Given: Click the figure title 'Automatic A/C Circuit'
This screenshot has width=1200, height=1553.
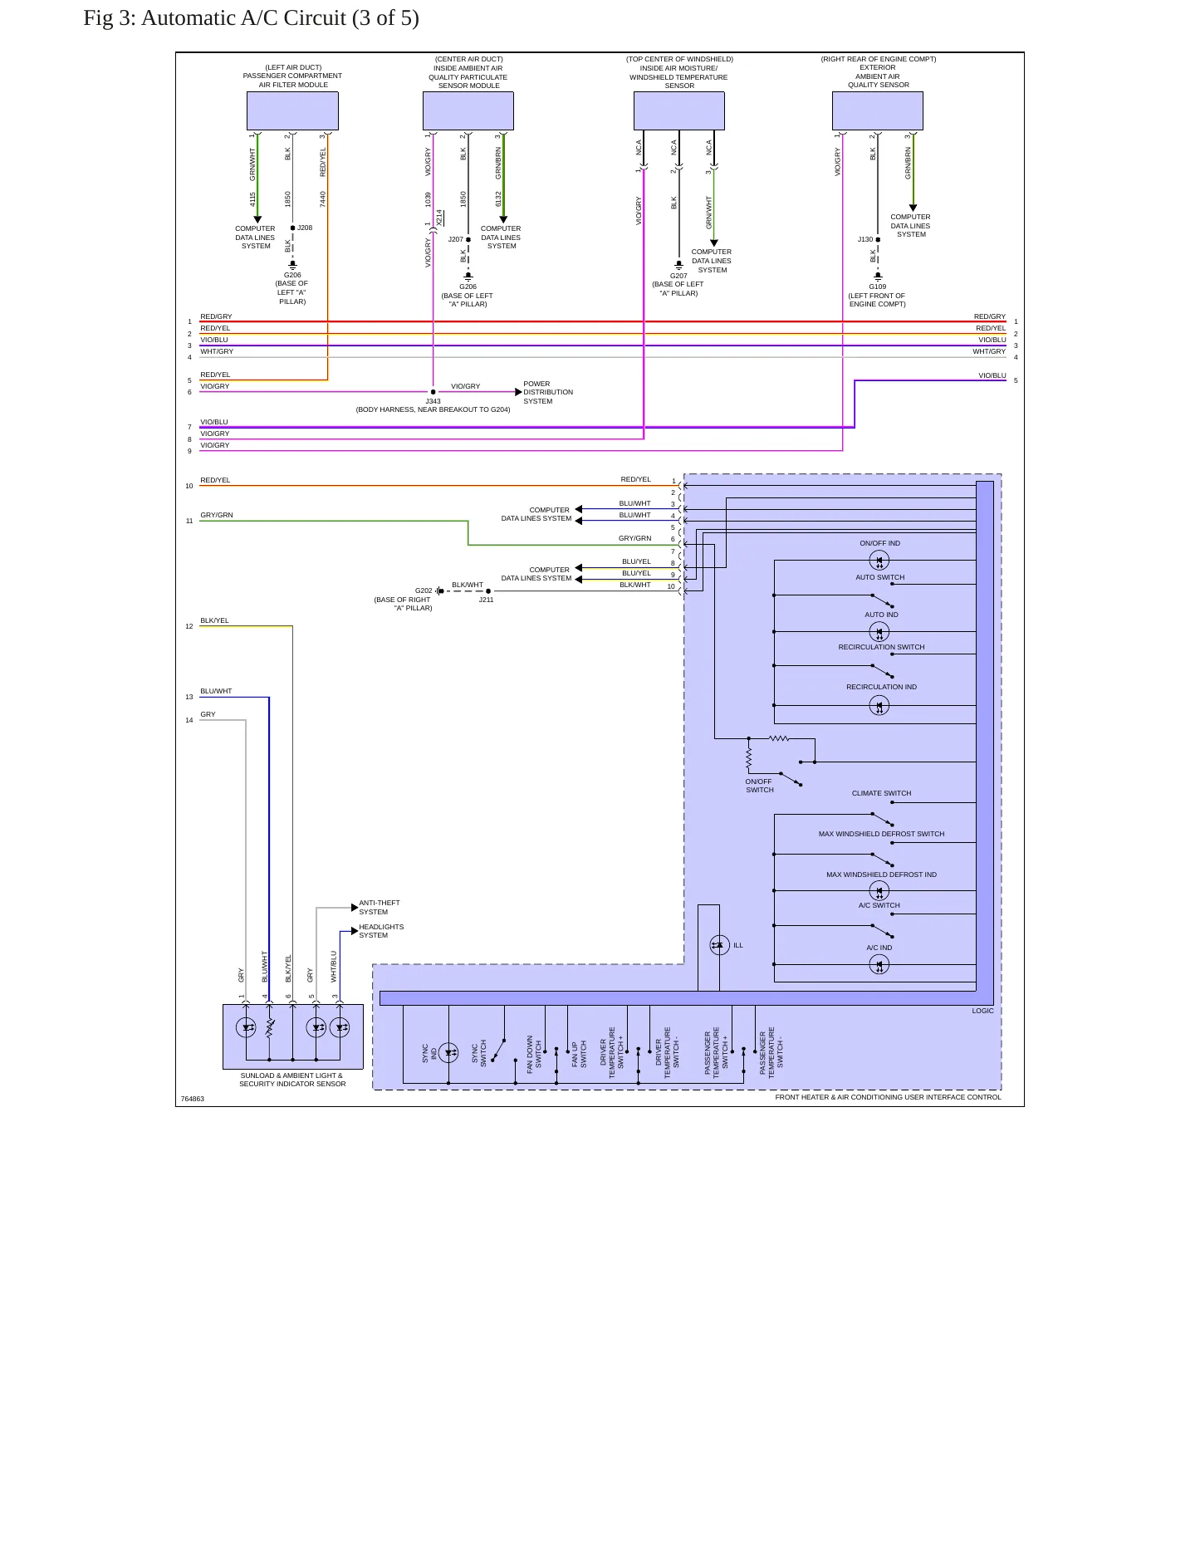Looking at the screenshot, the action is click(243, 18).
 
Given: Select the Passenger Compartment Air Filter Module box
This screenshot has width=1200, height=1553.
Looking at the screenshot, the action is click(292, 110).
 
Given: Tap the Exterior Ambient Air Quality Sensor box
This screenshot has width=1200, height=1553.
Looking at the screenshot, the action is click(878, 110).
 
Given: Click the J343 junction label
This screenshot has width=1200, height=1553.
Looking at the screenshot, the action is click(433, 401).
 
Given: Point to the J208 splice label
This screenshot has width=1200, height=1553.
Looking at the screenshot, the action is click(305, 228).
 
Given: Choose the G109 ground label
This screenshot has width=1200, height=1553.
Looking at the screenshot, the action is click(878, 287).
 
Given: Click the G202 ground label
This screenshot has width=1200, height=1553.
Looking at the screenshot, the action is click(424, 590).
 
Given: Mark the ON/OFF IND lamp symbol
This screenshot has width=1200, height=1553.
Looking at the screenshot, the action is click(879, 561).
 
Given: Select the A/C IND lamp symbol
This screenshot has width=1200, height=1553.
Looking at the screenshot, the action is click(879, 964).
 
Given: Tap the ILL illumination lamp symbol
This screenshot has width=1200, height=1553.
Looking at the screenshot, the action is click(719, 945).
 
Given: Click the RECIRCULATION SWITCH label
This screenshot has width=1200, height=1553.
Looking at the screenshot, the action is click(881, 647).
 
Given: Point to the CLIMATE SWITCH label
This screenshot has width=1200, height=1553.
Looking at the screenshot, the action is click(881, 793).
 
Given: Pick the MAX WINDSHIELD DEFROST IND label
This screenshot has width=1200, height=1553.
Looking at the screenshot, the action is click(881, 874).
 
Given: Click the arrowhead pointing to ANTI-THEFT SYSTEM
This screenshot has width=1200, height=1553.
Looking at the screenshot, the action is click(355, 908).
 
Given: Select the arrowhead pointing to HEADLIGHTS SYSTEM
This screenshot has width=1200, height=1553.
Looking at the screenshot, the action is click(355, 931).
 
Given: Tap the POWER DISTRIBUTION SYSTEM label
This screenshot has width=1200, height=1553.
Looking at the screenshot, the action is click(548, 393).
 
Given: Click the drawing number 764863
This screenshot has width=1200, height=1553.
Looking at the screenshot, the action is click(193, 1099).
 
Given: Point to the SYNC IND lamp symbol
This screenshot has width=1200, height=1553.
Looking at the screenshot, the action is click(448, 1053).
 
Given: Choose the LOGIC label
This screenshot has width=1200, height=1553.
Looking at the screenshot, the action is click(982, 1011).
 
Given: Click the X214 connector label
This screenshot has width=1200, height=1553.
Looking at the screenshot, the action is click(439, 217).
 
